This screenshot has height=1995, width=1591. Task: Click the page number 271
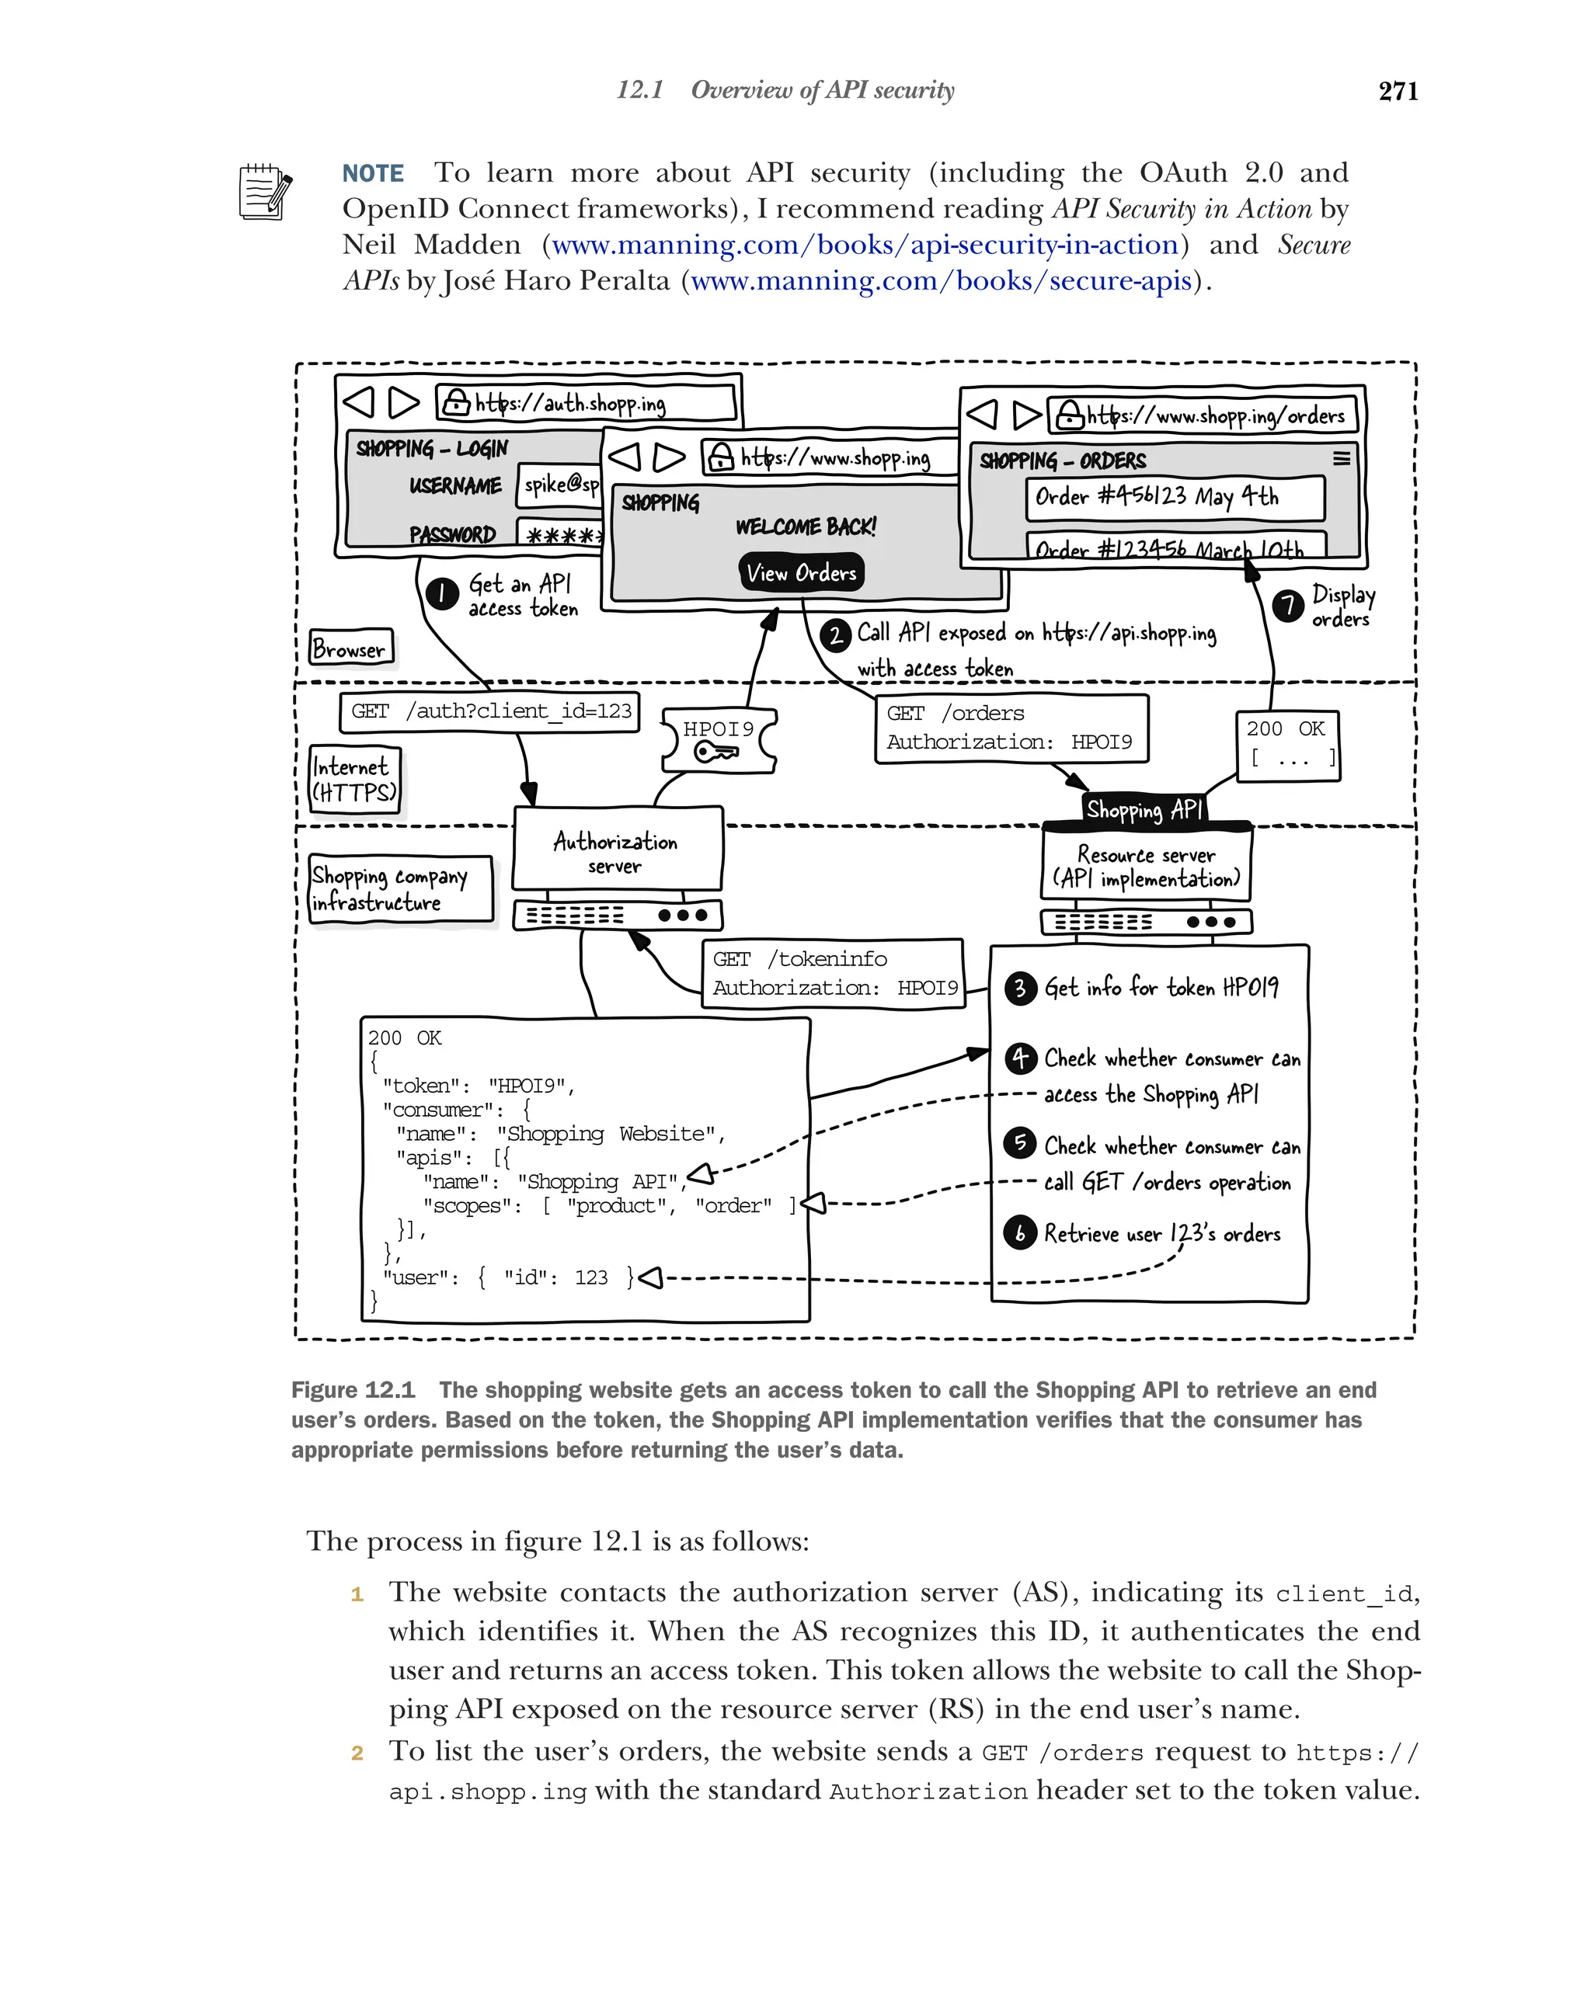(1397, 91)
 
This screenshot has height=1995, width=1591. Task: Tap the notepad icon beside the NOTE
(265, 192)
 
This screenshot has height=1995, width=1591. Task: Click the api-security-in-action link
(865, 245)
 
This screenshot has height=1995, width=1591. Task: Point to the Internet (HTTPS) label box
(354, 779)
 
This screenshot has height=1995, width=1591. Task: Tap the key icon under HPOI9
(717, 752)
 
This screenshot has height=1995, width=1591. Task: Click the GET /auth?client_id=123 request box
(489, 711)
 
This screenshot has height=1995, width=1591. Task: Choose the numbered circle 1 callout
(442, 593)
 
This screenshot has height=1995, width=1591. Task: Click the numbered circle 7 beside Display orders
(1286, 605)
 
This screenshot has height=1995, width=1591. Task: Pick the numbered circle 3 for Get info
(1019, 987)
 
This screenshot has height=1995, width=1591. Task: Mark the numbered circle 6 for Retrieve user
(1019, 1232)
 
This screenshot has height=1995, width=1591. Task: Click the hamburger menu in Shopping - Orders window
(1340, 458)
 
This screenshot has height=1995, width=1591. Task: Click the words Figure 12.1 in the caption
(353, 1390)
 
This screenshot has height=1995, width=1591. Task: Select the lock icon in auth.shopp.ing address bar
(454, 401)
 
